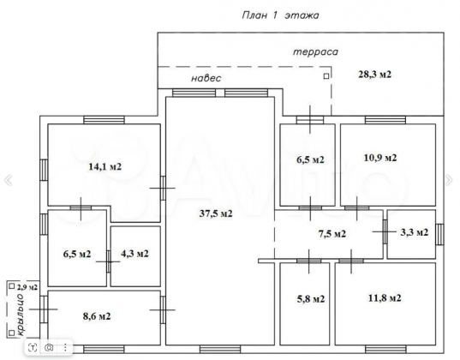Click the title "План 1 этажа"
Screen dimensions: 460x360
click(x=280, y=15)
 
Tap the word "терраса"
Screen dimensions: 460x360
click(x=315, y=52)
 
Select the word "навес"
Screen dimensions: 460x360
click(x=206, y=78)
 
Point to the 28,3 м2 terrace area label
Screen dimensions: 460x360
click(x=374, y=75)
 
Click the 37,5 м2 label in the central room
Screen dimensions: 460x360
click(x=216, y=213)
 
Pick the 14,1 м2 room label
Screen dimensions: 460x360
click(x=105, y=167)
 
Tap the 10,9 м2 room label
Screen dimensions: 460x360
click(x=380, y=158)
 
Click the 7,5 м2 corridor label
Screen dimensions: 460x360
click(x=332, y=234)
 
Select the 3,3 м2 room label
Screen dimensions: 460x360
click(x=415, y=232)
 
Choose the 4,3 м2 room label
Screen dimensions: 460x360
click(x=134, y=254)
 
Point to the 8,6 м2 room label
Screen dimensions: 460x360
click(x=97, y=316)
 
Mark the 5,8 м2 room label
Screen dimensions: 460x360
click(x=311, y=299)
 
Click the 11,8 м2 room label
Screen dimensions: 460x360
click(x=385, y=298)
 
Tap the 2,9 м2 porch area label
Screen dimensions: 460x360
click(x=27, y=287)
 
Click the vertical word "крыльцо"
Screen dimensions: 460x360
click(x=21, y=314)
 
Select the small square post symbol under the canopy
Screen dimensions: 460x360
click(x=326, y=76)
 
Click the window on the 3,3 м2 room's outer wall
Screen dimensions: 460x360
click(x=439, y=234)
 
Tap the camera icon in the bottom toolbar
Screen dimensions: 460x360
click(x=49, y=348)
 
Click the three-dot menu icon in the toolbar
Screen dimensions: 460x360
click(x=65, y=348)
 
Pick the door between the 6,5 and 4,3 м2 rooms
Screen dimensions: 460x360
click(x=109, y=261)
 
